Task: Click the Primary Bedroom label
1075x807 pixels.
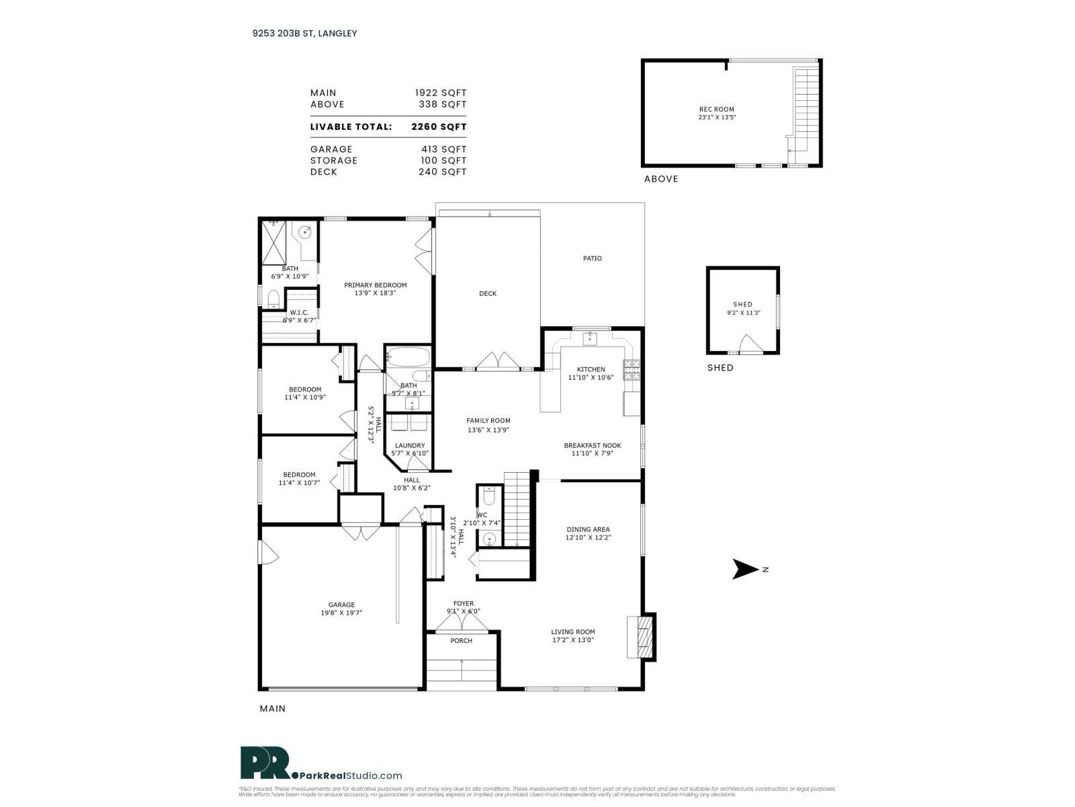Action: click(375, 285)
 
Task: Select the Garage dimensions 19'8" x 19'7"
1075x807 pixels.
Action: click(341, 613)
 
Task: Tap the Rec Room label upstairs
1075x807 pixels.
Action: click(716, 109)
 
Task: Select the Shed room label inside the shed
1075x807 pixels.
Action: click(742, 305)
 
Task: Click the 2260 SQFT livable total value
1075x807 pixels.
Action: click(438, 126)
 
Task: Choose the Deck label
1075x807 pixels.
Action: click(488, 293)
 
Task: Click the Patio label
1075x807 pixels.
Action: click(592, 258)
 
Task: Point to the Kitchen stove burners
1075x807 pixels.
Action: click(632, 369)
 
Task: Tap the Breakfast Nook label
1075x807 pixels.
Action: click(592, 445)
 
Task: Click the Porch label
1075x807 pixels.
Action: click(461, 641)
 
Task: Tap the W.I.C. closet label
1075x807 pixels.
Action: click(299, 313)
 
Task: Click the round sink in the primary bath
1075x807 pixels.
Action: click(306, 233)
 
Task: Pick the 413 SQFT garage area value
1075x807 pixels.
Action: click(442, 149)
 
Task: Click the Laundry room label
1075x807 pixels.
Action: click(410, 445)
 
